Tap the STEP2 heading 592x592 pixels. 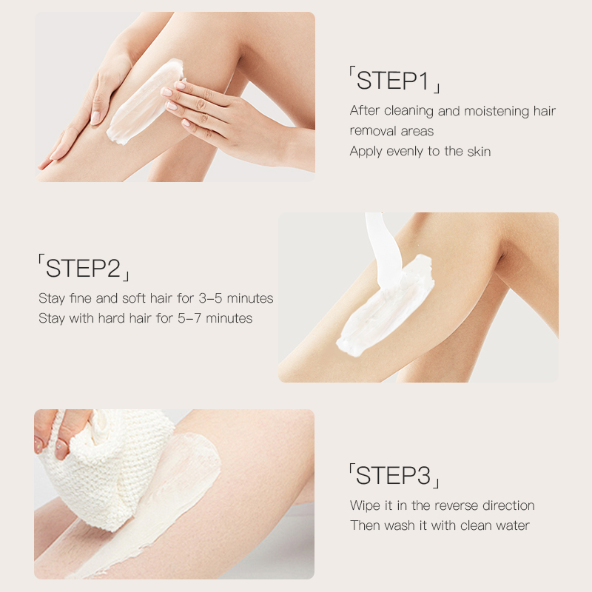point(84,268)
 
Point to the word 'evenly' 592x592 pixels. point(406,151)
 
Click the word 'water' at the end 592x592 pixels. point(512,526)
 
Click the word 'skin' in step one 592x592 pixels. point(478,151)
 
